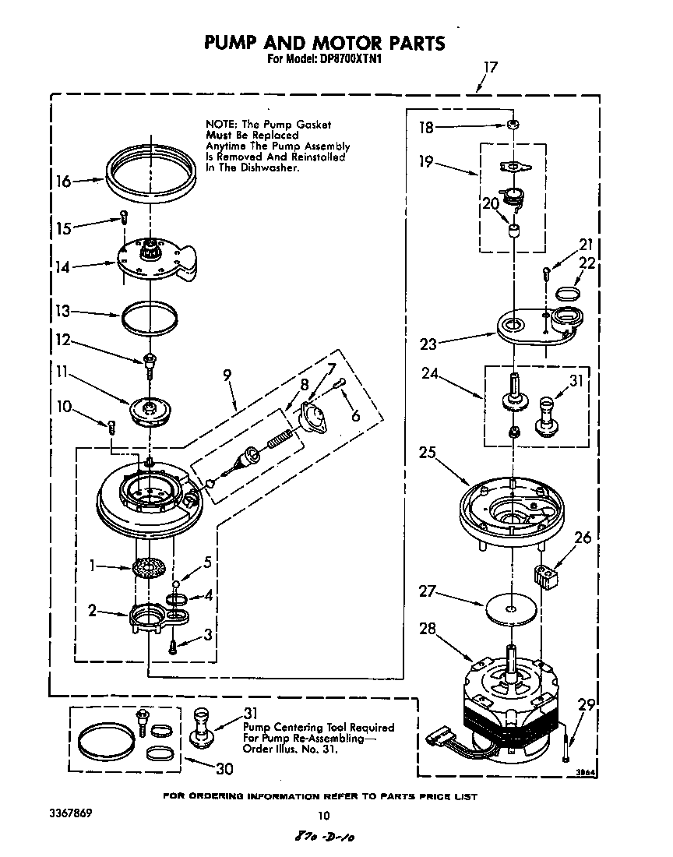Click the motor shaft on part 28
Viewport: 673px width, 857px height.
[513, 659]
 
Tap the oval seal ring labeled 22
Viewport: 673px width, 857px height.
[569, 292]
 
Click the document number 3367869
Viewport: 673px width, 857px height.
[69, 813]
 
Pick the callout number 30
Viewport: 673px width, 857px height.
[224, 768]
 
